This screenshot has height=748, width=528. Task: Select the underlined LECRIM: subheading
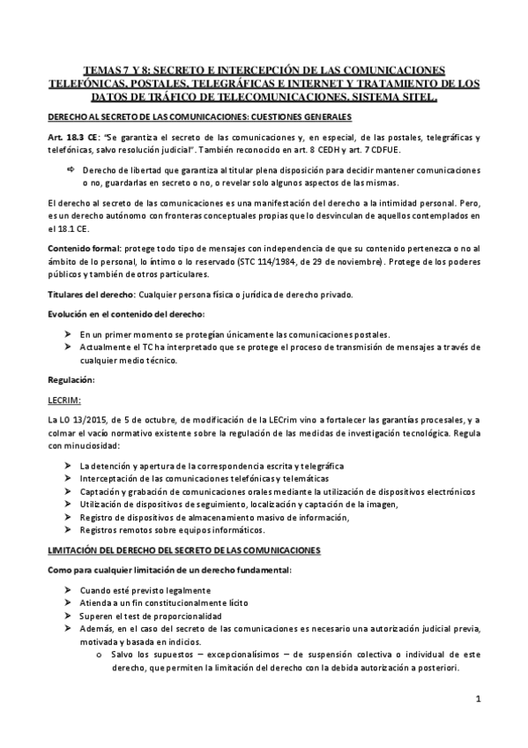pyautogui.click(x=63, y=399)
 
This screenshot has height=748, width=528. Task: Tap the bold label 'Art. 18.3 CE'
pyautogui.click(x=74, y=137)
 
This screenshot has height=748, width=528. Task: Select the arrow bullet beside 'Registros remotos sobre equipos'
pyautogui.click(x=70, y=529)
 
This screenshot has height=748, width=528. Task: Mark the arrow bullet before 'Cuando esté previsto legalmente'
pyautogui.click(x=70, y=589)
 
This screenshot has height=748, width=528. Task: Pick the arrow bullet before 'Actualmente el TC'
pyautogui.click(x=70, y=347)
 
